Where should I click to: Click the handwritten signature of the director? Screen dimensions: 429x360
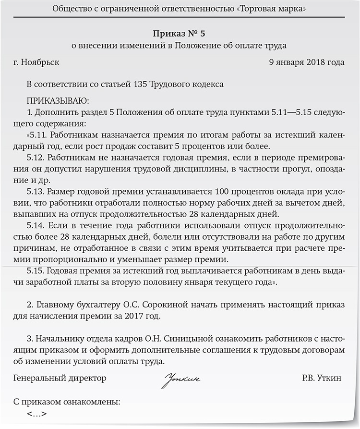pos(181,380)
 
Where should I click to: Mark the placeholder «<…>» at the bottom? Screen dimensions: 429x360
pos(37,413)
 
